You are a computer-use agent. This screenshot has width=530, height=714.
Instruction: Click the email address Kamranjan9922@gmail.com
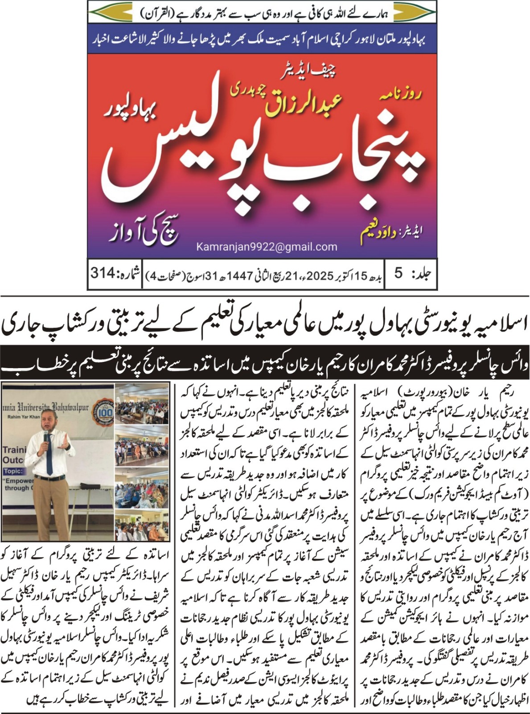tap(267, 247)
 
